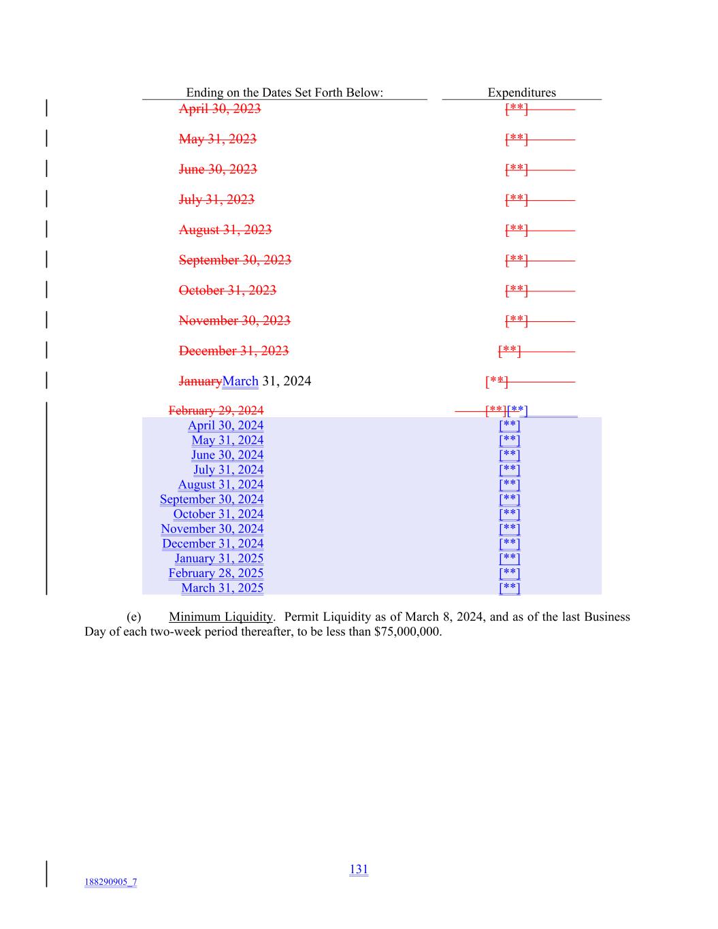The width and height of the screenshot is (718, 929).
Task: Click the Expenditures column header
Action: point(521,93)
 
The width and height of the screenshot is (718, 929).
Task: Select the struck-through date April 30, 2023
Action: point(219,109)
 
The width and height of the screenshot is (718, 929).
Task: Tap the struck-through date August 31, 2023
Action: point(225,230)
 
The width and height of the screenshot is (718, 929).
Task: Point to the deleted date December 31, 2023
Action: point(233,351)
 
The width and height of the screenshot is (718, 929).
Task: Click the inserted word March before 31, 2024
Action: point(240,381)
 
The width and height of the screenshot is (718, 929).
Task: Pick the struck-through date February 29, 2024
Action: point(216,410)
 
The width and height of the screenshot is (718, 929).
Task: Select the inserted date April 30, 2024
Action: point(225,425)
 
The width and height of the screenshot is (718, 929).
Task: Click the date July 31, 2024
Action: point(228,470)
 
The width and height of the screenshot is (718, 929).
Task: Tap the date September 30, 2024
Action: point(212,499)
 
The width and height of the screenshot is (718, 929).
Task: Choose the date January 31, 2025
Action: point(219,558)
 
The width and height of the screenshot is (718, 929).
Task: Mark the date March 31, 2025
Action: point(222,588)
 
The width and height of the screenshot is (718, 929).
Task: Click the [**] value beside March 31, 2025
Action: point(509,588)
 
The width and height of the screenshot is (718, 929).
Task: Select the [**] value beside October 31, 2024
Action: point(509,514)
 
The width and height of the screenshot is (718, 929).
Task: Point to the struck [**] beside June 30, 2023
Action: point(516,169)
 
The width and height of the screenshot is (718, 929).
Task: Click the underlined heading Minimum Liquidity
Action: point(221,617)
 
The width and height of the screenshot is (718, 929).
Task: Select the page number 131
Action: point(359,869)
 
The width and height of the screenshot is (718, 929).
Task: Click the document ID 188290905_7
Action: point(110,883)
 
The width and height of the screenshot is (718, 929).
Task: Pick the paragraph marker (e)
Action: point(133,617)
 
